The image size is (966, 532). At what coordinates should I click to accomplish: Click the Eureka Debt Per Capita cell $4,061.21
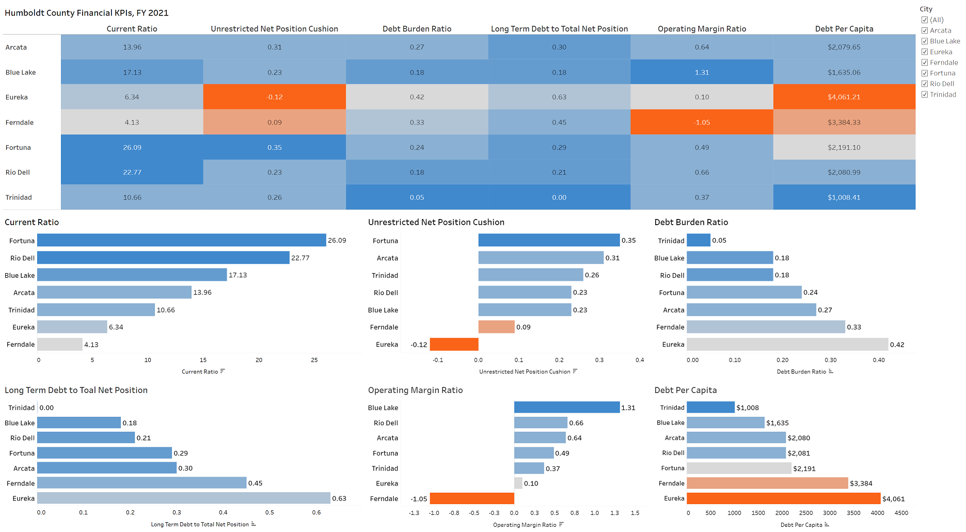[x=844, y=97]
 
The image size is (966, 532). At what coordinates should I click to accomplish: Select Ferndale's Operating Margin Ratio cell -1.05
[x=702, y=122]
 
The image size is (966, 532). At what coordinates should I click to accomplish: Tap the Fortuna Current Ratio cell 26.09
[x=132, y=147]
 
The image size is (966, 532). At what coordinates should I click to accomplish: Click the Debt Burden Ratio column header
[x=417, y=29]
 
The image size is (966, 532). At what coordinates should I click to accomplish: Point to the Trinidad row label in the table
[x=19, y=197]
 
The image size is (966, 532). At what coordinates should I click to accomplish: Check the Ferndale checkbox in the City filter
[x=925, y=62]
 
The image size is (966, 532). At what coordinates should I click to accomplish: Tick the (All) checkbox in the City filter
[x=925, y=20]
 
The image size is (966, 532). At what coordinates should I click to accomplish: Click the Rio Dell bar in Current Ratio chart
[x=163, y=258]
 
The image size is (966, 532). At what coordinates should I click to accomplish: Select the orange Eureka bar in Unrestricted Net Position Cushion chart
[x=454, y=345]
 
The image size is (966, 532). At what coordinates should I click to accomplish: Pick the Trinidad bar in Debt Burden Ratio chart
[x=699, y=240]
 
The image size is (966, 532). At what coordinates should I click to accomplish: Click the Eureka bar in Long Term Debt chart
[x=183, y=498]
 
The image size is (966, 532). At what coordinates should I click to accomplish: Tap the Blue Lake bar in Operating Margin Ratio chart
[x=566, y=408]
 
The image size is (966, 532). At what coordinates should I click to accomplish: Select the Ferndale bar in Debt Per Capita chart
[x=767, y=483]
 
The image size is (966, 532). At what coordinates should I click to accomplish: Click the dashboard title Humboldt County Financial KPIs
[x=86, y=13]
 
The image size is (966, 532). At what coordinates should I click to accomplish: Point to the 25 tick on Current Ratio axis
[x=314, y=360]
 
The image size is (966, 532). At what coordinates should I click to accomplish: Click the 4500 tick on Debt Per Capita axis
[x=901, y=513]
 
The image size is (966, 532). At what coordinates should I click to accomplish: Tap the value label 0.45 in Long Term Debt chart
[x=255, y=483]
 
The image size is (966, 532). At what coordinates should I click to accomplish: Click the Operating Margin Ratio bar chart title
[x=415, y=390]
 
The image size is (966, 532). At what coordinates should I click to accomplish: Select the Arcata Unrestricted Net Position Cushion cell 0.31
[x=274, y=47]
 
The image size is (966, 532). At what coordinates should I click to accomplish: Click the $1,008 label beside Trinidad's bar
[x=747, y=408]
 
